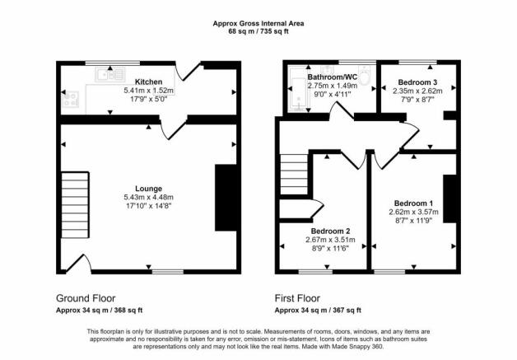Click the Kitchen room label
coord(149,82)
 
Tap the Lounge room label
coord(149,189)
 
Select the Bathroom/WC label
coord(333,77)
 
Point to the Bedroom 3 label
coord(417,82)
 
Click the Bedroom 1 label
coord(414,203)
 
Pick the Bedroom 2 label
coord(330,231)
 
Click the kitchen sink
coord(110,74)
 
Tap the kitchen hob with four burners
coord(71,99)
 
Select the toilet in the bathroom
coord(365,76)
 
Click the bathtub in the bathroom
coord(300,94)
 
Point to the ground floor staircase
coord(75,204)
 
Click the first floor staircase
coord(294,174)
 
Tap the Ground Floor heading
coord(86,298)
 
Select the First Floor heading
coord(297,298)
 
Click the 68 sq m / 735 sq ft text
coord(258,31)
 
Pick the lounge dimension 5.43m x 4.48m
coord(149,198)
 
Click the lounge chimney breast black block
coord(226,198)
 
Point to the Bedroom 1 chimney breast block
coord(449,199)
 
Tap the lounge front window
coord(168,272)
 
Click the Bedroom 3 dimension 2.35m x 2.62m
coord(417,91)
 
